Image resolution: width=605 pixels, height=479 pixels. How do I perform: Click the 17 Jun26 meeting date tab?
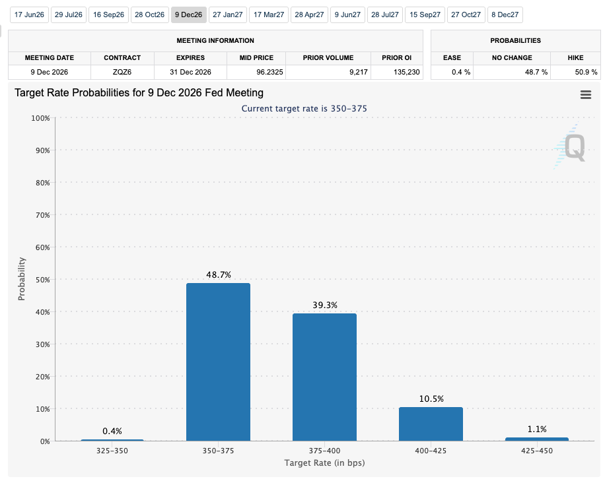point(29,15)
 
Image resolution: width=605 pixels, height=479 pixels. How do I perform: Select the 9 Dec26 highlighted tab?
point(189,15)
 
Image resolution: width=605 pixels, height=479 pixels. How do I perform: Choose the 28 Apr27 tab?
point(309,15)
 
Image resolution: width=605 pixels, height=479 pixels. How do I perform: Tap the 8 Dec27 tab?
point(505,15)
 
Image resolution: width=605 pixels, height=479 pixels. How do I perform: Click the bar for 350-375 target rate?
point(218,362)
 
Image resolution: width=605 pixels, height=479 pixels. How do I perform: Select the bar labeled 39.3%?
point(324,377)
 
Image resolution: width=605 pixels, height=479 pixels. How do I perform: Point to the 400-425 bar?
point(431,424)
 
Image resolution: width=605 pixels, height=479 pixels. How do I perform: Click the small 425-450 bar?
point(537,439)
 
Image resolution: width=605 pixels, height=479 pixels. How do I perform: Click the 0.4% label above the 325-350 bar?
point(112,431)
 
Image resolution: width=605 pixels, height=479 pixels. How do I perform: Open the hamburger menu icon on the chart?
point(586,95)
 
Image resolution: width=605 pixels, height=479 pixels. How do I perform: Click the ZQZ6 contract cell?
point(122,72)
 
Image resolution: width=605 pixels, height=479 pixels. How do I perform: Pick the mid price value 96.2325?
point(269,72)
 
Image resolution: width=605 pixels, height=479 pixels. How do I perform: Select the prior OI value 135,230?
point(407,72)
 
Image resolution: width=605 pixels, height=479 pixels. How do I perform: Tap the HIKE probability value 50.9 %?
point(586,72)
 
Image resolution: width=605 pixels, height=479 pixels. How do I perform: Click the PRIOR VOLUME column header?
point(328,58)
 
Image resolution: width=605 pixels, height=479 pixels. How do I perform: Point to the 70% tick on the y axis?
point(43,215)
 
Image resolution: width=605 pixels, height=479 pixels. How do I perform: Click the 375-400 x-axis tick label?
point(324,451)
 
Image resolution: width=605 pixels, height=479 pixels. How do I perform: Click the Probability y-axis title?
point(22,278)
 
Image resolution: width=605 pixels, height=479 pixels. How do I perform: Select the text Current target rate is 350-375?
point(304,109)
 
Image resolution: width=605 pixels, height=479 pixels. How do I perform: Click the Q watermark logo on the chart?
point(570,146)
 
